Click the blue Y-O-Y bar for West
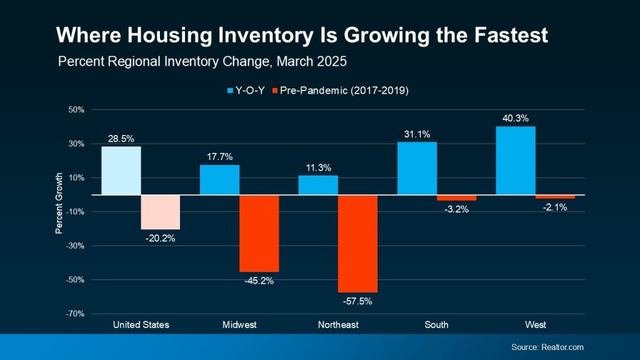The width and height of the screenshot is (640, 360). (516, 161)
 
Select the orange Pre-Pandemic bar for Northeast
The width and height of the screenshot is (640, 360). (357, 244)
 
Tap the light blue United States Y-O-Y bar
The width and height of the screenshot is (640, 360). (121, 171)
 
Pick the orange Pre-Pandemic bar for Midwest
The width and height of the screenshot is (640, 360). (259, 233)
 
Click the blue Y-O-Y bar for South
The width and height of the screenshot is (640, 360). (417, 169)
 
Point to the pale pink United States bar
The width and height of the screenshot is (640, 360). (160, 212)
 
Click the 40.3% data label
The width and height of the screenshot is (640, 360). (516, 118)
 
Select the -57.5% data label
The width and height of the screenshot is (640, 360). (357, 301)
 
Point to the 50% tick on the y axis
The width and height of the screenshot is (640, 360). (76, 110)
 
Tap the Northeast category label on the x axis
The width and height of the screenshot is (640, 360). (337, 325)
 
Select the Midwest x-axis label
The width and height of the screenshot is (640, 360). (239, 325)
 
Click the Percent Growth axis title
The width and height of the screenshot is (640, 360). (59, 204)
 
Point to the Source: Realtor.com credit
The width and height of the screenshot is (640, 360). (547, 347)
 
